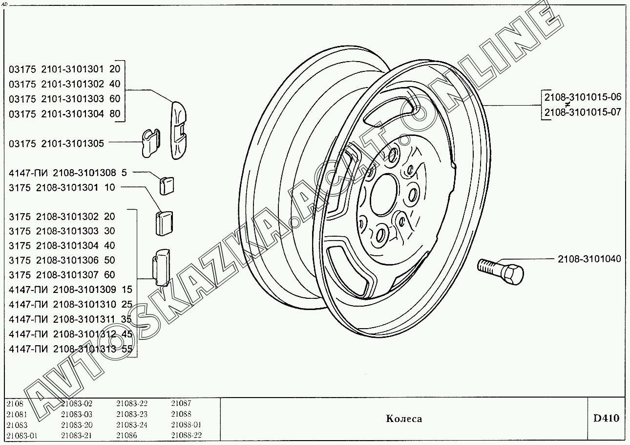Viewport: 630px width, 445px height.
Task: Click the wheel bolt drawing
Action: coord(501,271)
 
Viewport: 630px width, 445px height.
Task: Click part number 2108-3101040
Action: coord(589,259)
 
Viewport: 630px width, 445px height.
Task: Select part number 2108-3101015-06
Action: coord(583,97)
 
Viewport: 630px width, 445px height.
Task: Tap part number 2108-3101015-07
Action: coord(583,112)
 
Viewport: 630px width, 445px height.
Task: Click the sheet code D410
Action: coord(607,418)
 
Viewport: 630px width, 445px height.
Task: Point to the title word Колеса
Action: coord(404,419)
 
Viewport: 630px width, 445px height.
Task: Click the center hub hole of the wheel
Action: coord(385,195)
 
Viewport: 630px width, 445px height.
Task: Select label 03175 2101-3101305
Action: coord(56,144)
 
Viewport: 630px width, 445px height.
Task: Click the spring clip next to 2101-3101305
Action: coord(151,143)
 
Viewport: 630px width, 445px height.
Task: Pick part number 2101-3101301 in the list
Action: coord(73,69)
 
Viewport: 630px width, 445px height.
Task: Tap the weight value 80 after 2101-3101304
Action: coord(115,114)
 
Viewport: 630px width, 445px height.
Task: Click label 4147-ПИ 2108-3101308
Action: coord(62,173)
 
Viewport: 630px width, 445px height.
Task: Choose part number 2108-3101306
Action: coord(67,260)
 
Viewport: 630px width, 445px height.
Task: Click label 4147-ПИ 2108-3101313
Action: coord(62,349)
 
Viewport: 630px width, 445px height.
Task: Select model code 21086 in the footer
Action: coord(126,435)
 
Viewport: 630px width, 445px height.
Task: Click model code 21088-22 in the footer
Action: coord(187,435)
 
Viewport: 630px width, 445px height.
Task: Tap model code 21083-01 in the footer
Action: coord(21,436)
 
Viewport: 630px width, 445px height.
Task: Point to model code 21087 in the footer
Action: coord(181,403)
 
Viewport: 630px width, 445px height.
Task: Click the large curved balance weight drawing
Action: coord(179,130)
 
